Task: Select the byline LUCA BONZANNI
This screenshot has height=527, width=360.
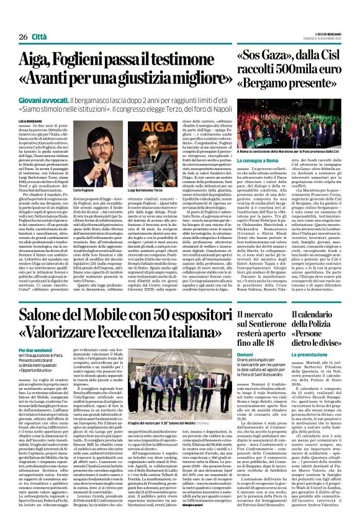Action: click(31, 120)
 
